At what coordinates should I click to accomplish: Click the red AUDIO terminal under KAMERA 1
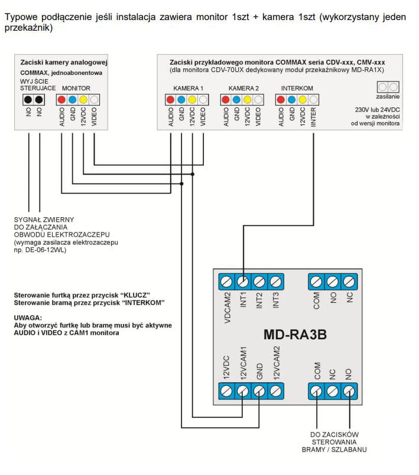pyautogui.click(x=170, y=100)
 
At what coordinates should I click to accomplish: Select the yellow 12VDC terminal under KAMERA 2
pyautogui.click(x=248, y=100)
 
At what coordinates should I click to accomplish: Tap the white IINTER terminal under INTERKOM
pyautogui.click(x=313, y=100)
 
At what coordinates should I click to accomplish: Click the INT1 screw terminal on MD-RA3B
pyautogui.click(x=242, y=282)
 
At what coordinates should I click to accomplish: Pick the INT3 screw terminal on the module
pyautogui.click(x=275, y=282)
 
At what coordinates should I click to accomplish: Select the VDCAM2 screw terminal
pyautogui.click(x=226, y=282)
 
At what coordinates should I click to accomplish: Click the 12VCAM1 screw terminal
pyautogui.click(x=242, y=391)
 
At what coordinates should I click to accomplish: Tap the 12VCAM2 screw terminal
pyautogui.click(x=275, y=391)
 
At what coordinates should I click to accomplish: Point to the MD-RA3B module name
pyautogui.click(x=295, y=335)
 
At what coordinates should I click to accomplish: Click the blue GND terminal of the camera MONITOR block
pyautogui.click(x=72, y=100)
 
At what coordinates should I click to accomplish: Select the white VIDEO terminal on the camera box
pyautogui.click(x=94, y=100)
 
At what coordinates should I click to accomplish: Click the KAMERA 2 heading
pyautogui.click(x=242, y=88)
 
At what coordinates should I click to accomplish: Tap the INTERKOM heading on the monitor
pyautogui.click(x=297, y=88)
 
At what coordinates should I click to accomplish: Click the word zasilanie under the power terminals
pyautogui.click(x=388, y=96)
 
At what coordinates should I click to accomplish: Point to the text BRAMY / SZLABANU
pyautogui.click(x=334, y=450)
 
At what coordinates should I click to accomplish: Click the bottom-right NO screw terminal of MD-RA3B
pyautogui.click(x=349, y=391)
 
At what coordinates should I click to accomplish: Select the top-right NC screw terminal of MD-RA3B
pyautogui.click(x=349, y=282)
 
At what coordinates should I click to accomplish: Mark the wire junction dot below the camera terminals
pyautogui.click(x=181, y=184)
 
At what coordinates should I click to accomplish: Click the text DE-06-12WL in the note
pyautogui.click(x=49, y=250)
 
